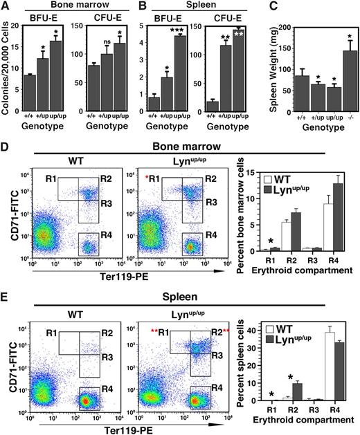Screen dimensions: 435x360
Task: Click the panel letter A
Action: click(6, 6)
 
